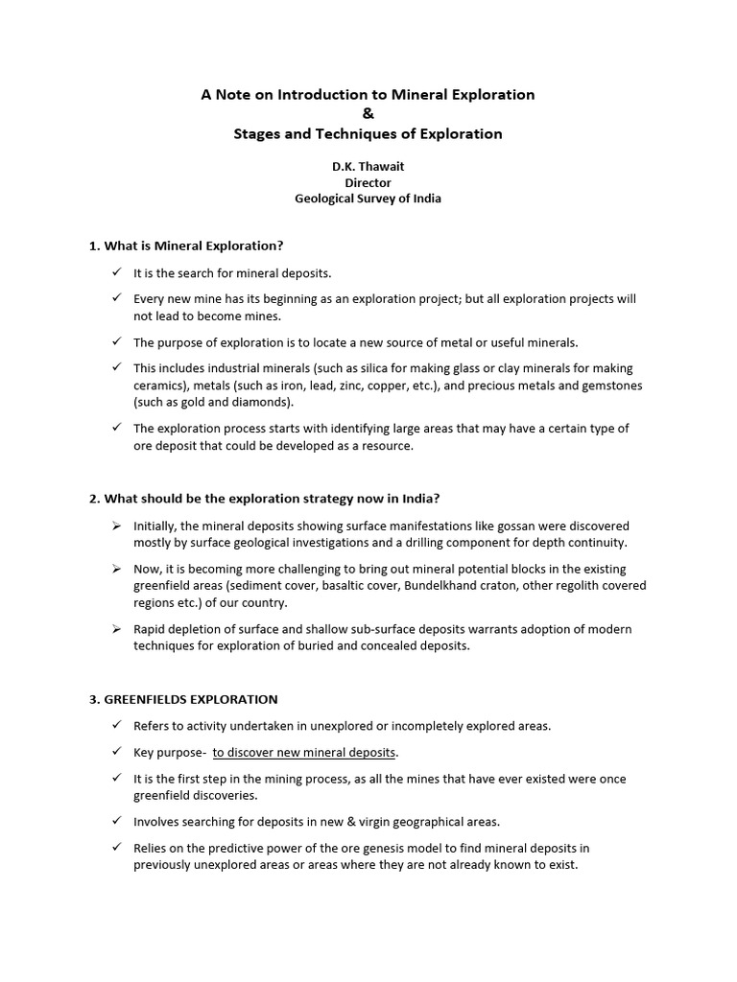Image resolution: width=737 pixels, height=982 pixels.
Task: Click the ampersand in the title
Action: pos(368,114)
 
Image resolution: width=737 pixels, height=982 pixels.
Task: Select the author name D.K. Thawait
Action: pos(368,165)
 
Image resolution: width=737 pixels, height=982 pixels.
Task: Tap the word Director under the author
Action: pos(368,182)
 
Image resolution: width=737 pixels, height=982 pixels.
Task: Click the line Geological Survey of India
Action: pos(368,199)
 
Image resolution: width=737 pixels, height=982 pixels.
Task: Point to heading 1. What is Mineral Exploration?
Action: pos(186,245)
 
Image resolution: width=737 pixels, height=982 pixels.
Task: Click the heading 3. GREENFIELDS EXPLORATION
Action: pos(183,699)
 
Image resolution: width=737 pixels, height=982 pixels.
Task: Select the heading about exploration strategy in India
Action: pos(265,499)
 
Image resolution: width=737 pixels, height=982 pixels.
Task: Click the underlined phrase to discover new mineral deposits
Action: pos(304,752)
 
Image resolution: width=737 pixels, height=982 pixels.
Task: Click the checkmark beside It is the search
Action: pos(115,273)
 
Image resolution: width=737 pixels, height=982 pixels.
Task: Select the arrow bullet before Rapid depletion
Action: pos(115,629)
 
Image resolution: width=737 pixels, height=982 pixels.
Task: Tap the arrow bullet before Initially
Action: pos(115,526)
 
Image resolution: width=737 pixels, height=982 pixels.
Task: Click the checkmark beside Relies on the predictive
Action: pos(115,848)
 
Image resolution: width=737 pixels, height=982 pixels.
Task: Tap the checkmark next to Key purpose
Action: pos(115,752)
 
